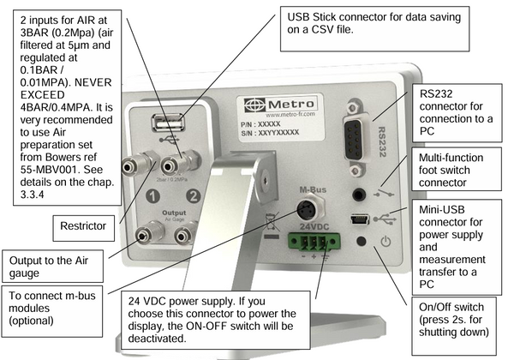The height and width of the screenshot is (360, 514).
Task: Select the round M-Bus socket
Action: pos(306,210)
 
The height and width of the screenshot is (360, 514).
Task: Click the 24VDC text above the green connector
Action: pos(314,226)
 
